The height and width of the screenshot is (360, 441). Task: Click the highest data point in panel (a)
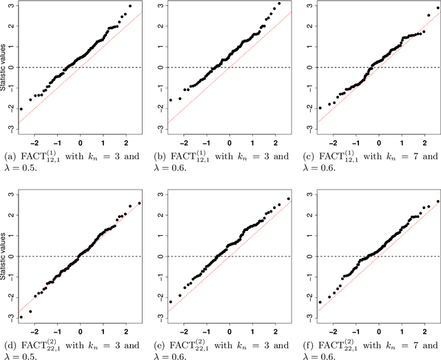pos(129,6)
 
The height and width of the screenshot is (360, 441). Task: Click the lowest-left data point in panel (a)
pos(21,109)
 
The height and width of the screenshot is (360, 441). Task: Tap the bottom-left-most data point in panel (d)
pos(21,317)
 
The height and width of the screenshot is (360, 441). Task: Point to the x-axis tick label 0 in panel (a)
pos(81,138)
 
